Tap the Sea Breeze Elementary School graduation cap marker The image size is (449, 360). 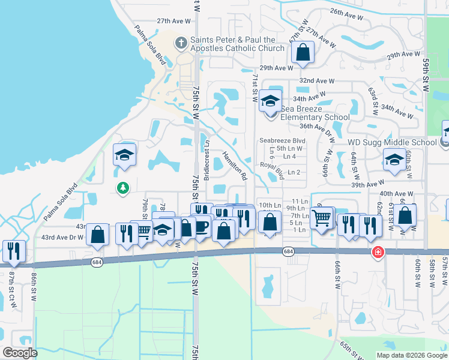(270, 100)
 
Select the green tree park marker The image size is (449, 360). (123, 188)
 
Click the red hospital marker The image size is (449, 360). (378, 251)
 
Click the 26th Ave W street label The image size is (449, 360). (346, 11)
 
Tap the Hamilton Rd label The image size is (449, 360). (235, 166)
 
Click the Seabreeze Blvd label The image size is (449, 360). (283, 140)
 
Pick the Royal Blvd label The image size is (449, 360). (271, 169)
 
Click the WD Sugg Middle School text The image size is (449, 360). (392, 142)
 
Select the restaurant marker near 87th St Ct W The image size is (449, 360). (13, 250)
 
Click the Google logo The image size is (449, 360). (20, 353)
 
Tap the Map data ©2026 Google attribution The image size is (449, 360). (412, 355)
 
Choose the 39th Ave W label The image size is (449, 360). (367, 185)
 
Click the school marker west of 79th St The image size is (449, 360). (124, 155)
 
